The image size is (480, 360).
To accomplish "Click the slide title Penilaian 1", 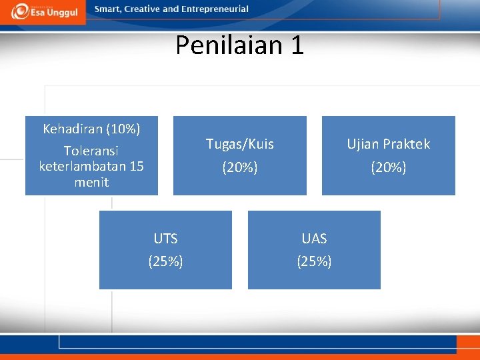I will (x=239, y=45).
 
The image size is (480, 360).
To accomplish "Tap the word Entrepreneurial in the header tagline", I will (x=214, y=9).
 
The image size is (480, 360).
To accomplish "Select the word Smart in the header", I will (x=108, y=9).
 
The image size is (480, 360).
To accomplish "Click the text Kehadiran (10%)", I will (x=91, y=128).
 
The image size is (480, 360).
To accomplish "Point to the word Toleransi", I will (x=91, y=151).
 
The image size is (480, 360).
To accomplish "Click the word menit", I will (x=91, y=182).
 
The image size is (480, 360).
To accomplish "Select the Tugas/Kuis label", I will (x=239, y=144).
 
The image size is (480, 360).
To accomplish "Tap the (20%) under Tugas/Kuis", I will (x=239, y=167).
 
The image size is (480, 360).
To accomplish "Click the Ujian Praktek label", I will (x=388, y=144).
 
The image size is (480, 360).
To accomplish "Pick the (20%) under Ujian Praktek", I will (x=388, y=167).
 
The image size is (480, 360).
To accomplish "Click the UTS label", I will (x=165, y=239).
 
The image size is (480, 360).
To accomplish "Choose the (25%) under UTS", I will (x=165, y=262).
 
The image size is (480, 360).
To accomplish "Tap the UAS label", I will (x=314, y=239).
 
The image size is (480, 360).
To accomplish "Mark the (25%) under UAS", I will (x=314, y=262).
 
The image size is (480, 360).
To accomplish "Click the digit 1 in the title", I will (x=297, y=45).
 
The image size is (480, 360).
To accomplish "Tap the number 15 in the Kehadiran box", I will (x=135, y=167).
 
